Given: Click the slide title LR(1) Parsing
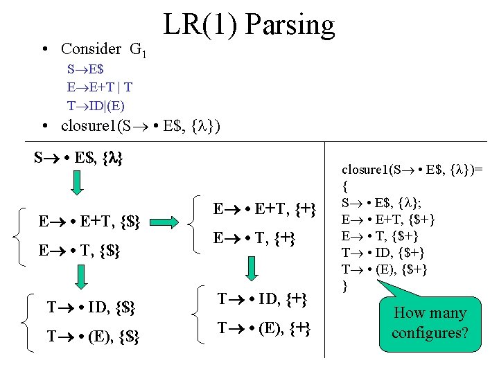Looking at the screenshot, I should (249, 26).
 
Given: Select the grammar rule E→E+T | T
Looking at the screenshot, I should (100, 87).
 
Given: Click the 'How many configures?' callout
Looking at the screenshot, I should (430, 323).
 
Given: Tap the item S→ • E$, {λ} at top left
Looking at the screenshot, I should (78, 158).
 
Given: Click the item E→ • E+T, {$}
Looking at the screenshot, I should (90, 222).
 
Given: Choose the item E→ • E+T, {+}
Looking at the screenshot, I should (264, 209).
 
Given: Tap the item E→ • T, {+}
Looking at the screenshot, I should (254, 238).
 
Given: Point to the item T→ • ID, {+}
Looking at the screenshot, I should (262, 299).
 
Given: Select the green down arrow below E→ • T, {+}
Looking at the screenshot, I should (249, 268).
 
